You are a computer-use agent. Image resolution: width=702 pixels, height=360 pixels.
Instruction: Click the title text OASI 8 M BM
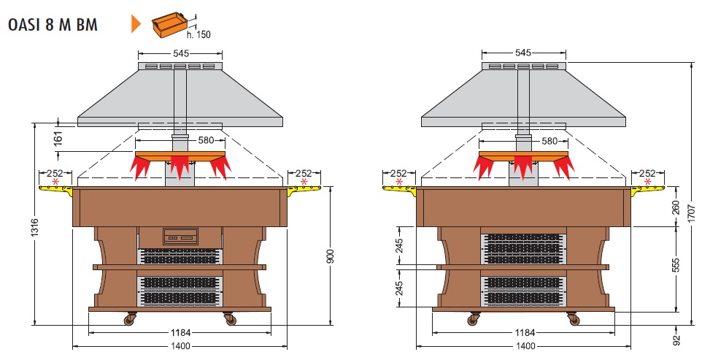(52, 24)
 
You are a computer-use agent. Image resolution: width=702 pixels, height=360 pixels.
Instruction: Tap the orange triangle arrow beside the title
(135, 24)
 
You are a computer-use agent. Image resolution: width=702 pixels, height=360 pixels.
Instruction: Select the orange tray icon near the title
(169, 24)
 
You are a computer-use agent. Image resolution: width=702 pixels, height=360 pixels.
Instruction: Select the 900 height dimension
(330, 256)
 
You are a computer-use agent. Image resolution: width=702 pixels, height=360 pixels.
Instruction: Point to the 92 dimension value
(676, 338)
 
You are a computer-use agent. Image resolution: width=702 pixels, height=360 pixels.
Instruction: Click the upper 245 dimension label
(399, 247)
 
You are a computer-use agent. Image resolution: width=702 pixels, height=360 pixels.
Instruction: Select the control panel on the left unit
(180, 236)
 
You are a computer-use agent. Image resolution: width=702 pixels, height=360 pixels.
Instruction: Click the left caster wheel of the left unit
(132, 318)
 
